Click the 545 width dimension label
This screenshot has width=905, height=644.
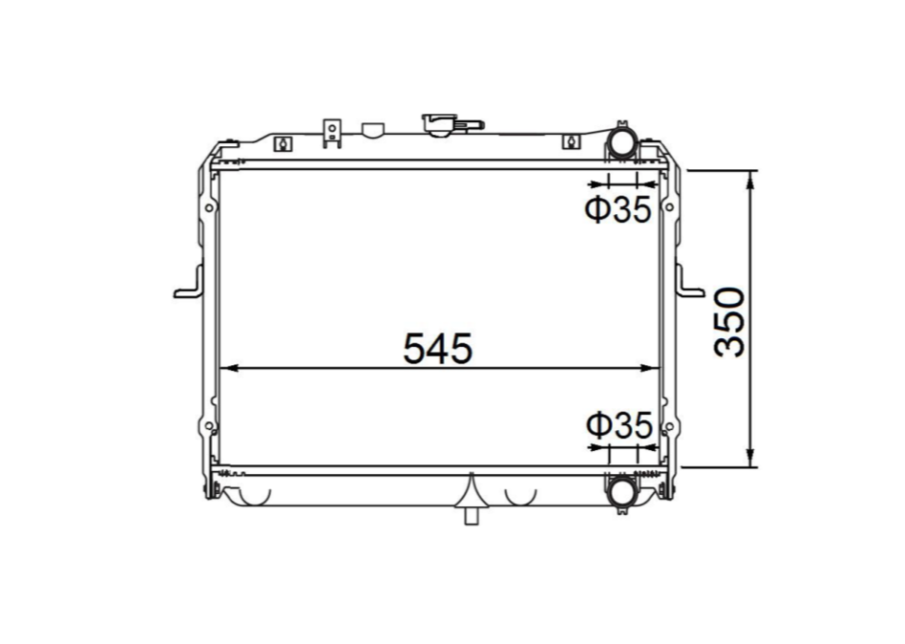[437, 349]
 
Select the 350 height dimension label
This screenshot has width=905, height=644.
[730, 321]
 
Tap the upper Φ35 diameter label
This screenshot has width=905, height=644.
[618, 209]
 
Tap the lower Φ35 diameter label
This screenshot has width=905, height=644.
[618, 426]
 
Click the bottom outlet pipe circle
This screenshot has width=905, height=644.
[621, 490]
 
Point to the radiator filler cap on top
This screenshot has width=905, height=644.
[442, 124]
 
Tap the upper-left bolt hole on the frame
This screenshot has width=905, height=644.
[209, 207]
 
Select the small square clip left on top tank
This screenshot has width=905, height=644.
[282, 143]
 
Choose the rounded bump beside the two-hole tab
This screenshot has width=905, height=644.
[370, 128]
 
